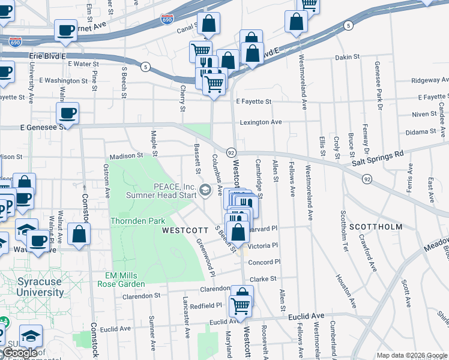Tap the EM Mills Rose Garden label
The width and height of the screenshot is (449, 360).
(125, 280)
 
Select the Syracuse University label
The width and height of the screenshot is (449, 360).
(40, 287)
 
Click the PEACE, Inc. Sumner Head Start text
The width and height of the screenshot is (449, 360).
(161, 190)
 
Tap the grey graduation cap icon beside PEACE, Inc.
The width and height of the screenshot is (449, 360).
(205, 190)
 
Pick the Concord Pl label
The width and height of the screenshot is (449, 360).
(265, 262)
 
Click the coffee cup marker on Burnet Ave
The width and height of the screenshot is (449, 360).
(66, 29)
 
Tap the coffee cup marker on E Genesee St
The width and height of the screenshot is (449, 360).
(67, 112)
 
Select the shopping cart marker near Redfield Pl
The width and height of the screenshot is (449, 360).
(240, 305)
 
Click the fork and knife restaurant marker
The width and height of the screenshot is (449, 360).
(206, 64)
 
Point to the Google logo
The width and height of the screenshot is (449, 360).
(20, 353)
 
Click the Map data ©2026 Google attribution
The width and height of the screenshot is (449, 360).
(412, 355)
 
